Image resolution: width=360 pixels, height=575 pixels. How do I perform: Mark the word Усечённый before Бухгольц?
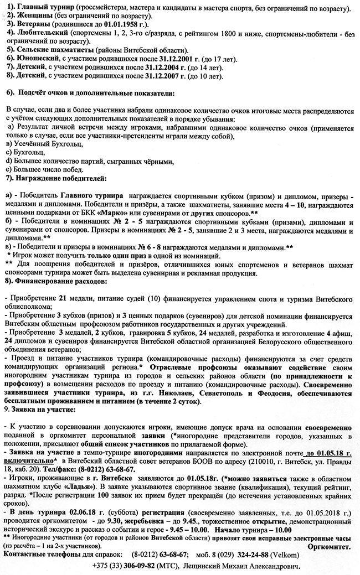tap(33, 144)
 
